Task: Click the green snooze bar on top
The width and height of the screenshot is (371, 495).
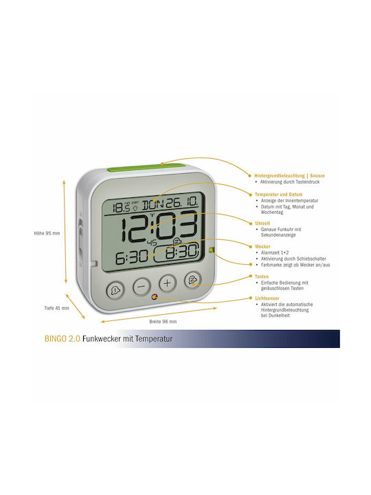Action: click(x=146, y=167)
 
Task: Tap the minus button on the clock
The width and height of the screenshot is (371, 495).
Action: click(x=142, y=286)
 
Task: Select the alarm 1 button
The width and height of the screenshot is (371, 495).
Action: click(x=116, y=289)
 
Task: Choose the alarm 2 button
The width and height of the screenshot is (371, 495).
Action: click(x=193, y=280)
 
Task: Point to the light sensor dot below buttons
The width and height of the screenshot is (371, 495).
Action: click(x=155, y=297)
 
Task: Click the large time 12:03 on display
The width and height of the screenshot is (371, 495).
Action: click(x=160, y=227)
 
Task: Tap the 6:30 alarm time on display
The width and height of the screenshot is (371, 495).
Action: click(x=132, y=257)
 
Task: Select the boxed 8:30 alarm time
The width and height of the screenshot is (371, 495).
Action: click(x=177, y=252)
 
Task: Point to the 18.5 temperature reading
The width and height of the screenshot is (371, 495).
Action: click(x=122, y=208)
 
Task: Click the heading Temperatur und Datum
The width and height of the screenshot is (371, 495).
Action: click(x=278, y=195)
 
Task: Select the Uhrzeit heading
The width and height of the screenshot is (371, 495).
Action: click(x=262, y=223)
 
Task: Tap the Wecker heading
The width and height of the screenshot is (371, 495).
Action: click(x=262, y=246)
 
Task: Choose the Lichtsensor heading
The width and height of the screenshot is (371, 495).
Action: click(x=267, y=298)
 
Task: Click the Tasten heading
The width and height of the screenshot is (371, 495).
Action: click(x=262, y=276)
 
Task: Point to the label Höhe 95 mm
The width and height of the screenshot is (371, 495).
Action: click(x=47, y=233)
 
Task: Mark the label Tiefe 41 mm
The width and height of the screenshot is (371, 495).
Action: click(x=56, y=308)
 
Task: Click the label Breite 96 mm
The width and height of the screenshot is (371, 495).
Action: click(x=163, y=321)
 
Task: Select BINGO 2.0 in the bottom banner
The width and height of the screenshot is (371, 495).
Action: click(x=62, y=339)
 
